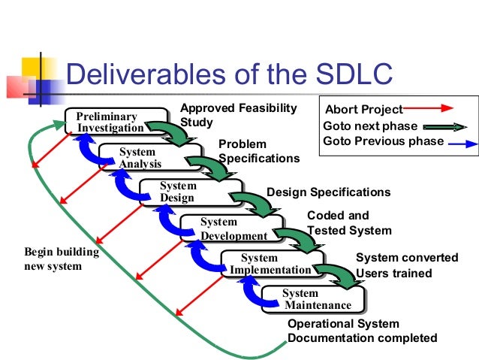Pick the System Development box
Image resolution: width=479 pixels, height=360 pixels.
coord(224,228)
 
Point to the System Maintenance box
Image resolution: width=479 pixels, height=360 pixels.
coord(308,299)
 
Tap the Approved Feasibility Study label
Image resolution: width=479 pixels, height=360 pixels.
coord(238,115)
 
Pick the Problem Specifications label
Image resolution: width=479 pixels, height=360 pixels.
coord(258,151)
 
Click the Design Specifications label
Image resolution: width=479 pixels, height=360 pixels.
coord(328,192)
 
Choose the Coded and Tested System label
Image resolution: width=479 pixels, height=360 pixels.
coord(349,223)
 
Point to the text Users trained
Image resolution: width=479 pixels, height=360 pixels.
coord(393,273)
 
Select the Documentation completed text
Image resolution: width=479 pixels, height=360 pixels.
coord(362,337)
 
